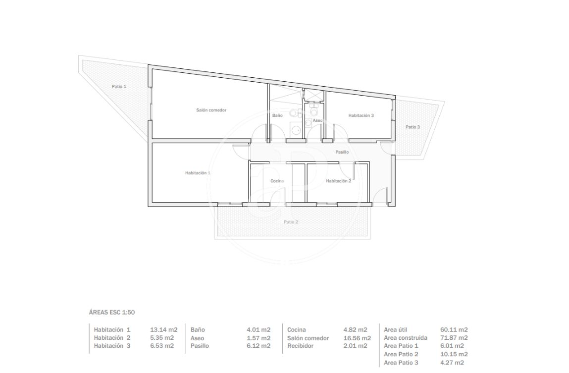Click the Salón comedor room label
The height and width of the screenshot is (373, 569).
[211, 110]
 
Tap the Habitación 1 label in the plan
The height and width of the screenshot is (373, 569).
[198, 173]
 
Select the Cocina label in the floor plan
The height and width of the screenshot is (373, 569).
[277, 181]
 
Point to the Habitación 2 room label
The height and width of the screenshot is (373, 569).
[339, 181]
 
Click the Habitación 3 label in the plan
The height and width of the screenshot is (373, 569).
[361, 115]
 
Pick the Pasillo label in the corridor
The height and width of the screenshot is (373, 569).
[342, 152]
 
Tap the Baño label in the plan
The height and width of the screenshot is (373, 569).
[277, 115]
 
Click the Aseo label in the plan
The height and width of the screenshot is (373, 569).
[317, 120]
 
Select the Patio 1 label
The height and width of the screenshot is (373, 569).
[119, 86]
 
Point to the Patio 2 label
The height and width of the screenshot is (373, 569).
[291, 222]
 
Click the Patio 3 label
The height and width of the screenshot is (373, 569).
[413, 127]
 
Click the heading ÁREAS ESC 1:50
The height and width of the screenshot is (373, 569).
[112, 313]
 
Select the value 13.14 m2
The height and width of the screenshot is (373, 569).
[163, 330]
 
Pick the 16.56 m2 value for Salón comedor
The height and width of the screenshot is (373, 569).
[357, 338]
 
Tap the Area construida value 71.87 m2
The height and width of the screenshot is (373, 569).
[454, 338]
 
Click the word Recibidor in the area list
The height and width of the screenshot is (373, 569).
[300, 346]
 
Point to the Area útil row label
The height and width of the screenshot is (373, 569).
[396, 330]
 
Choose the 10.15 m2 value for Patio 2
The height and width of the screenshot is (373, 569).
[454, 354]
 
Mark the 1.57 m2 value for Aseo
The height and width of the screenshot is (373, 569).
[259, 338]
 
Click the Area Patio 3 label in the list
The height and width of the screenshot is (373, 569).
[401, 363]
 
